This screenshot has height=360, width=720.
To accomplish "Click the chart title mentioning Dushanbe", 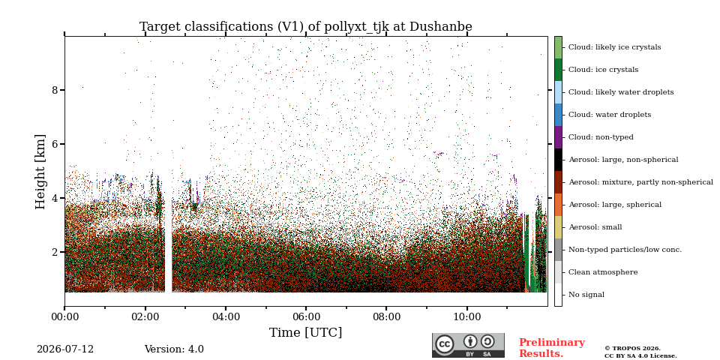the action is (306, 27).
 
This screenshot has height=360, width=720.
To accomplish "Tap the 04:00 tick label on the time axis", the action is (226, 317).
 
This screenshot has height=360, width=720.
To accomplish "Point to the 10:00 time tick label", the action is (467, 317).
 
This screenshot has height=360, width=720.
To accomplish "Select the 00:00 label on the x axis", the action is (64, 317).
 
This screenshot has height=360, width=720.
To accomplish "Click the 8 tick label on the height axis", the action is (55, 90).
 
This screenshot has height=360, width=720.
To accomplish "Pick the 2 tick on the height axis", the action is (55, 252).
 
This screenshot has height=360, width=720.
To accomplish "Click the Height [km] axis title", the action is (40, 172).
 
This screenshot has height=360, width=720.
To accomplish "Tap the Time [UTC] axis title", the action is (306, 332).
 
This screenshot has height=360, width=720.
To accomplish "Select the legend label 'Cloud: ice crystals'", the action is (603, 70).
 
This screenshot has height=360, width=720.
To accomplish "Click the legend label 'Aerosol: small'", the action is (595, 227).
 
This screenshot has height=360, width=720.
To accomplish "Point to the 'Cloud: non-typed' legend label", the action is (601, 137).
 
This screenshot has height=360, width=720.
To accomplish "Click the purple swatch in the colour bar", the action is (558, 137).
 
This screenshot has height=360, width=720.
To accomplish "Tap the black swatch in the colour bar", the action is (558, 160).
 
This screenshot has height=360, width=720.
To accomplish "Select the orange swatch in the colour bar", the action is (558, 205).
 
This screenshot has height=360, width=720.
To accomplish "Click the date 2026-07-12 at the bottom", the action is (65, 349).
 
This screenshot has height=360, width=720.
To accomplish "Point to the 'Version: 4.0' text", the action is (174, 349).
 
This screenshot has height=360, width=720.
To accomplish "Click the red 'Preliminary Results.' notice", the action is (552, 348).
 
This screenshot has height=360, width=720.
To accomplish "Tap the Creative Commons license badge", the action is (468, 345).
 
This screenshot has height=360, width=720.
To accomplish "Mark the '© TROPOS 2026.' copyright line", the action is (633, 349).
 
